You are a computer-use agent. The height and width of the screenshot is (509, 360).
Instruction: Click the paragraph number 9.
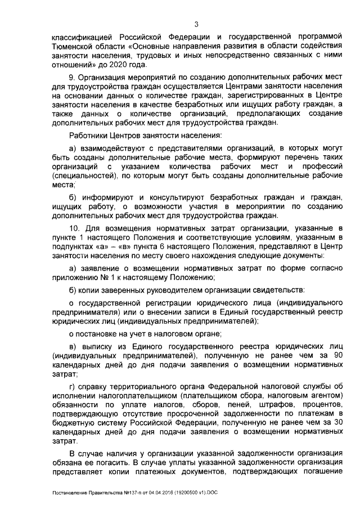[x=71, y=76]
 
